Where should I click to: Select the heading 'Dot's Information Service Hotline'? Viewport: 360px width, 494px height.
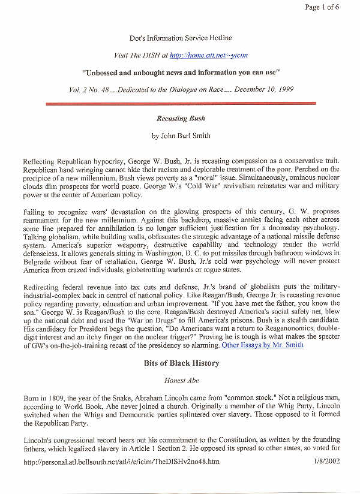point(181,38)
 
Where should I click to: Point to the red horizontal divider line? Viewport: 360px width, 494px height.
point(181,104)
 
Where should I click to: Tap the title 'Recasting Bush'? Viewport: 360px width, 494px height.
point(181,119)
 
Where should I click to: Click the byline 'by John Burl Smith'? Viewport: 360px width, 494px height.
point(181,135)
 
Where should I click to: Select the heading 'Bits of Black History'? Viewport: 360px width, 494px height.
point(181,363)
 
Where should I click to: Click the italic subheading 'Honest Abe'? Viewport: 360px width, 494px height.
point(181,380)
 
